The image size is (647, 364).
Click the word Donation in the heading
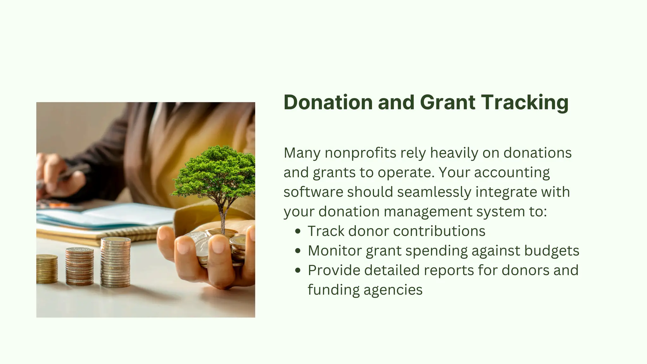point(328,102)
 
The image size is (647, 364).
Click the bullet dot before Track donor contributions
point(297,231)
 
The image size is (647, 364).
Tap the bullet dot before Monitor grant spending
point(297,251)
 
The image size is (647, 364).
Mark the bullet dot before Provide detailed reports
point(297,270)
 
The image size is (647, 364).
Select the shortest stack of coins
point(47,269)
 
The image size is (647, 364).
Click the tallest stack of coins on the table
point(115,262)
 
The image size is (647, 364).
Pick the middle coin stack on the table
point(79,266)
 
